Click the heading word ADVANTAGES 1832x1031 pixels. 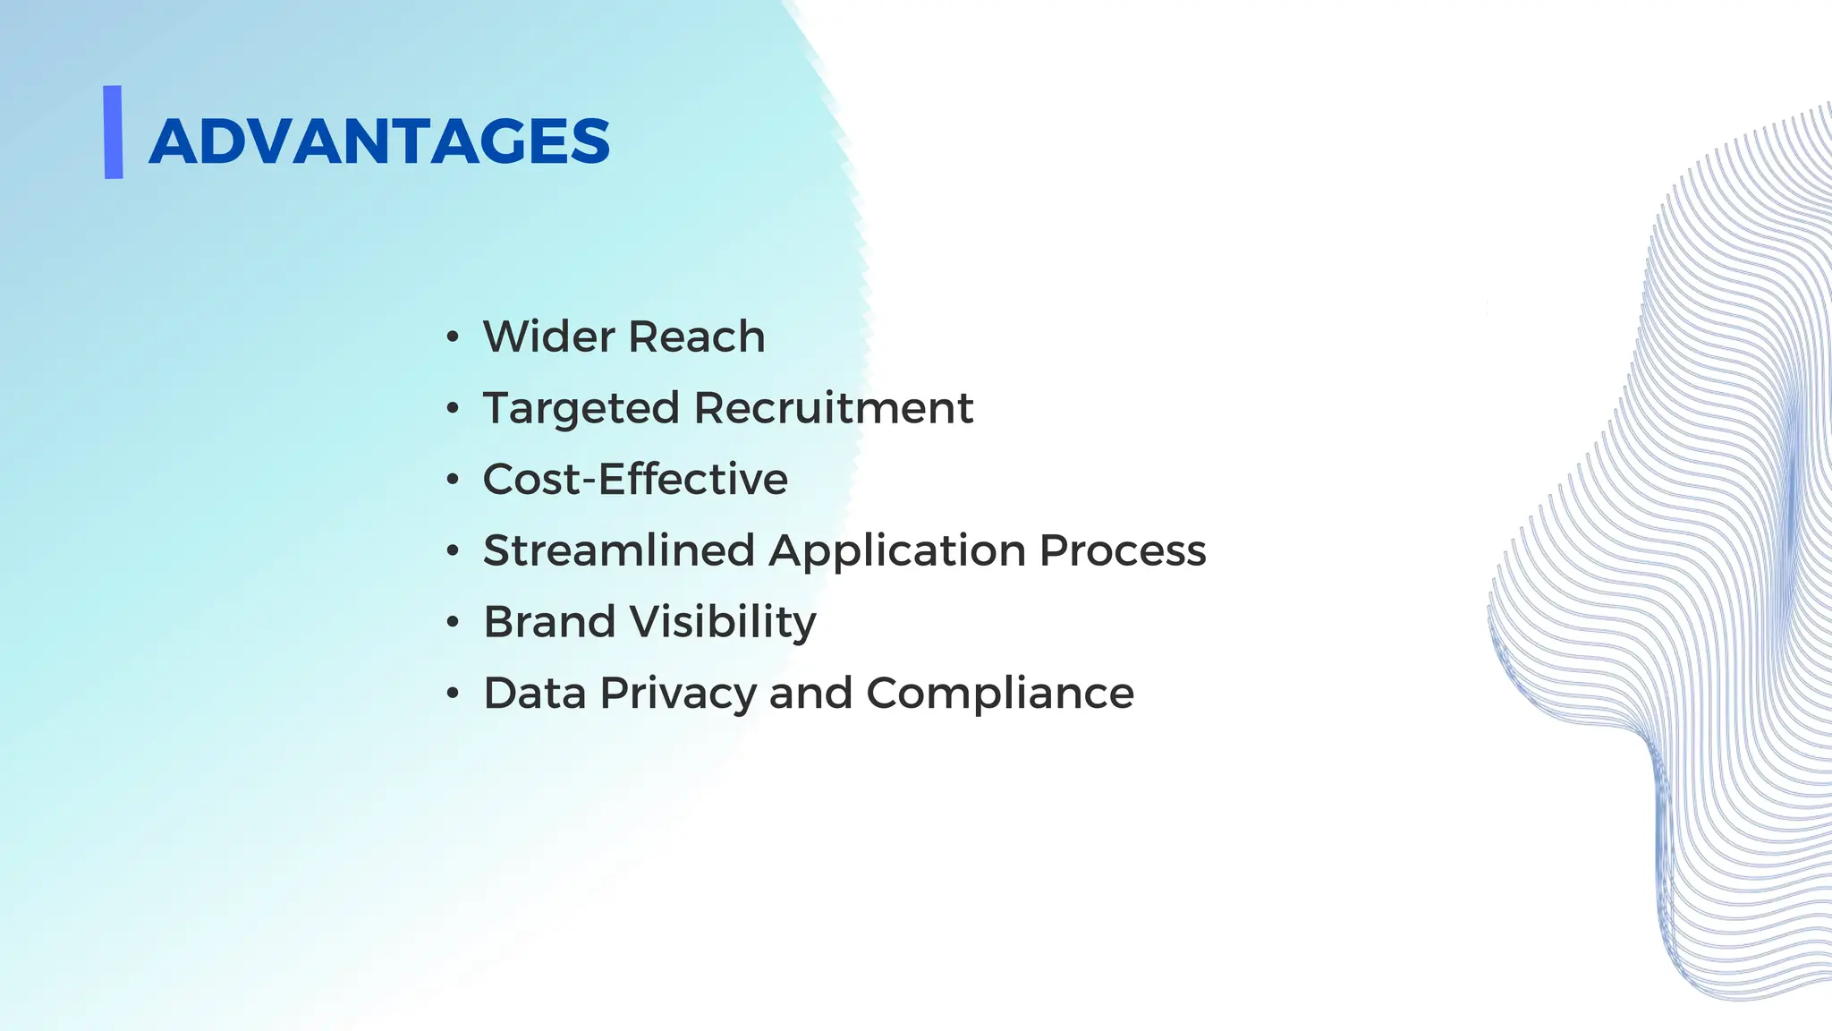tap(379, 141)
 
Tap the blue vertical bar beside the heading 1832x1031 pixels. tap(113, 132)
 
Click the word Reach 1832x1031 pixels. tap(696, 337)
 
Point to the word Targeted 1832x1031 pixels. tap(581, 409)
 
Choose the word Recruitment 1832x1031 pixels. tap(833, 408)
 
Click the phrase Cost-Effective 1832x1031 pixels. tap(635, 479)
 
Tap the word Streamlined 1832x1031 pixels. tap(619, 550)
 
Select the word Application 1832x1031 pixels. tap(897, 551)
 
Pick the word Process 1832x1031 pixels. tap(1123, 550)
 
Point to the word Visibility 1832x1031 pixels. tap(723, 623)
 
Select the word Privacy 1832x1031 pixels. tap(679, 694)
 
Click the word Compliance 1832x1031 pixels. tap(999, 694)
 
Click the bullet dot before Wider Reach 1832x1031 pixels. tap(453, 337)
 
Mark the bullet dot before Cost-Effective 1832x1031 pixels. tap(453, 480)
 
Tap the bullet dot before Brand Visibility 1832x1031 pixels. tap(453, 622)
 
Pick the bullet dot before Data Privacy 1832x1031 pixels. tap(453, 694)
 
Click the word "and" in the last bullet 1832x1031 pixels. tap(810, 693)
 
